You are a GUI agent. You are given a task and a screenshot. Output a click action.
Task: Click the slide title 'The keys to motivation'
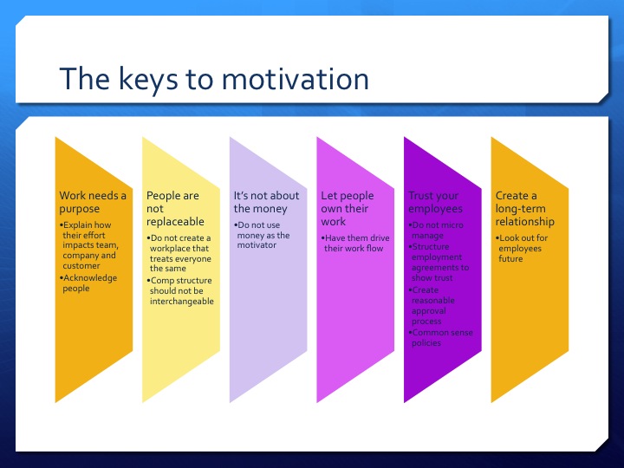[213, 79]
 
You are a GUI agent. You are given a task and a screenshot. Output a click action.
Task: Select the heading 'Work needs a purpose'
[92, 202]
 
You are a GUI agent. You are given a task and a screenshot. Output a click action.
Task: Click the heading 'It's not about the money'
[266, 202]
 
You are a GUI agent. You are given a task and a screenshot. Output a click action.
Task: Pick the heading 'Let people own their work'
[347, 208]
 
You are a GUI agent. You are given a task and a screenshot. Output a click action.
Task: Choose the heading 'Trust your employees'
[435, 202]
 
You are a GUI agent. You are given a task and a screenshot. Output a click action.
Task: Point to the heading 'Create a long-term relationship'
[524, 208]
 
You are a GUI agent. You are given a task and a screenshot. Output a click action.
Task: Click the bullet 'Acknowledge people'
[87, 283]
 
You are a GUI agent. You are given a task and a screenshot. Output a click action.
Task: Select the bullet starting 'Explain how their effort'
[90, 245]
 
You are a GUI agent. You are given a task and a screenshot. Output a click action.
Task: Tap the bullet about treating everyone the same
[179, 253]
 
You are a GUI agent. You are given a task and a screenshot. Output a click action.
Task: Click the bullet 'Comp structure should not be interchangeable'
[181, 291]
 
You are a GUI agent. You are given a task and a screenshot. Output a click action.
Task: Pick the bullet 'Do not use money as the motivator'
[263, 235]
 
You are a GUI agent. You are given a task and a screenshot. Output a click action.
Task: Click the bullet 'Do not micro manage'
[438, 230]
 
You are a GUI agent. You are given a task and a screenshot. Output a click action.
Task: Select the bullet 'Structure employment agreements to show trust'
[439, 263]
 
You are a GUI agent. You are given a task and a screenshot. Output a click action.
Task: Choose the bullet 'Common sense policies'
[438, 337]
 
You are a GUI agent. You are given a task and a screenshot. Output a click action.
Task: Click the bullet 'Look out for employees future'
[523, 248]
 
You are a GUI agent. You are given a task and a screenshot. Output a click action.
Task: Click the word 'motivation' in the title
[295, 79]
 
